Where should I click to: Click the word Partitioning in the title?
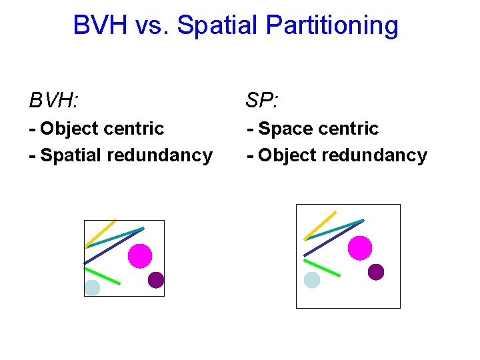tap(332, 26)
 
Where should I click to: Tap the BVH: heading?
tap(53, 101)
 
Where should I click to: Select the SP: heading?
tap(262, 101)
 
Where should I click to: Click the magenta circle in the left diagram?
tap(140, 255)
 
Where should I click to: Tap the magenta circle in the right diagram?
tap(360, 247)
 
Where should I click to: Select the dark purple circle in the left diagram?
tap(156, 280)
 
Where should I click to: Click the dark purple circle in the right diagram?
tap(376, 272)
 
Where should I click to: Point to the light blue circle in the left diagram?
tap(92, 288)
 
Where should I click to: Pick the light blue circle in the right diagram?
tap(312, 280)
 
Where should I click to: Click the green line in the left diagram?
tap(102, 276)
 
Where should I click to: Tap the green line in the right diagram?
tap(322, 267)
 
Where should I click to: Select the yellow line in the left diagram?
tap(100, 233)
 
